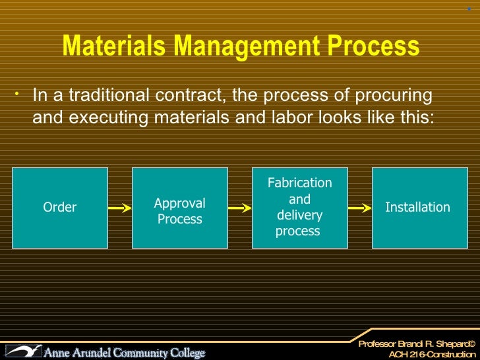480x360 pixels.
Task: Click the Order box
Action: click(x=60, y=208)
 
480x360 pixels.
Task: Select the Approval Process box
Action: click(x=180, y=208)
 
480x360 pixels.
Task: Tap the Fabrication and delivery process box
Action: click(x=300, y=208)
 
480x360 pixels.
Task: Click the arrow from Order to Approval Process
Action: click(x=120, y=208)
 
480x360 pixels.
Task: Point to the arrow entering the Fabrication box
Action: click(x=240, y=208)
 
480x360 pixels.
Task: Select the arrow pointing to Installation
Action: click(x=360, y=208)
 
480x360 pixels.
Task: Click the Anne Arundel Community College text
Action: click(x=125, y=353)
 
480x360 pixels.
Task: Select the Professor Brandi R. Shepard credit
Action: click(x=416, y=344)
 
